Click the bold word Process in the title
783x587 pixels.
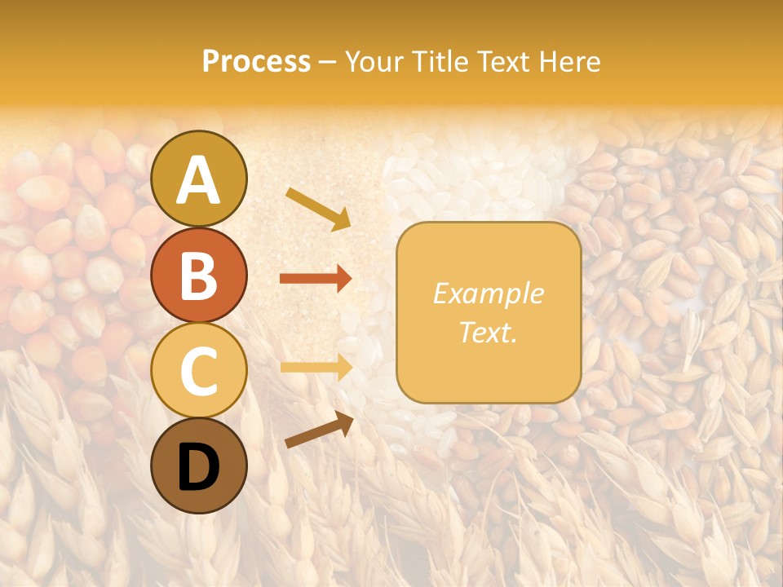click(x=256, y=62)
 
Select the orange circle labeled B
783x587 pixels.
click(x=199, y=274)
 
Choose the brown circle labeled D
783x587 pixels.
click(x=199, y=466)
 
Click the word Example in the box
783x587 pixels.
click(x=489, y=293)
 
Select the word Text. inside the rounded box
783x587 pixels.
click(x=489, y=333)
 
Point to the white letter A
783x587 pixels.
click(x=199, y=180)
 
